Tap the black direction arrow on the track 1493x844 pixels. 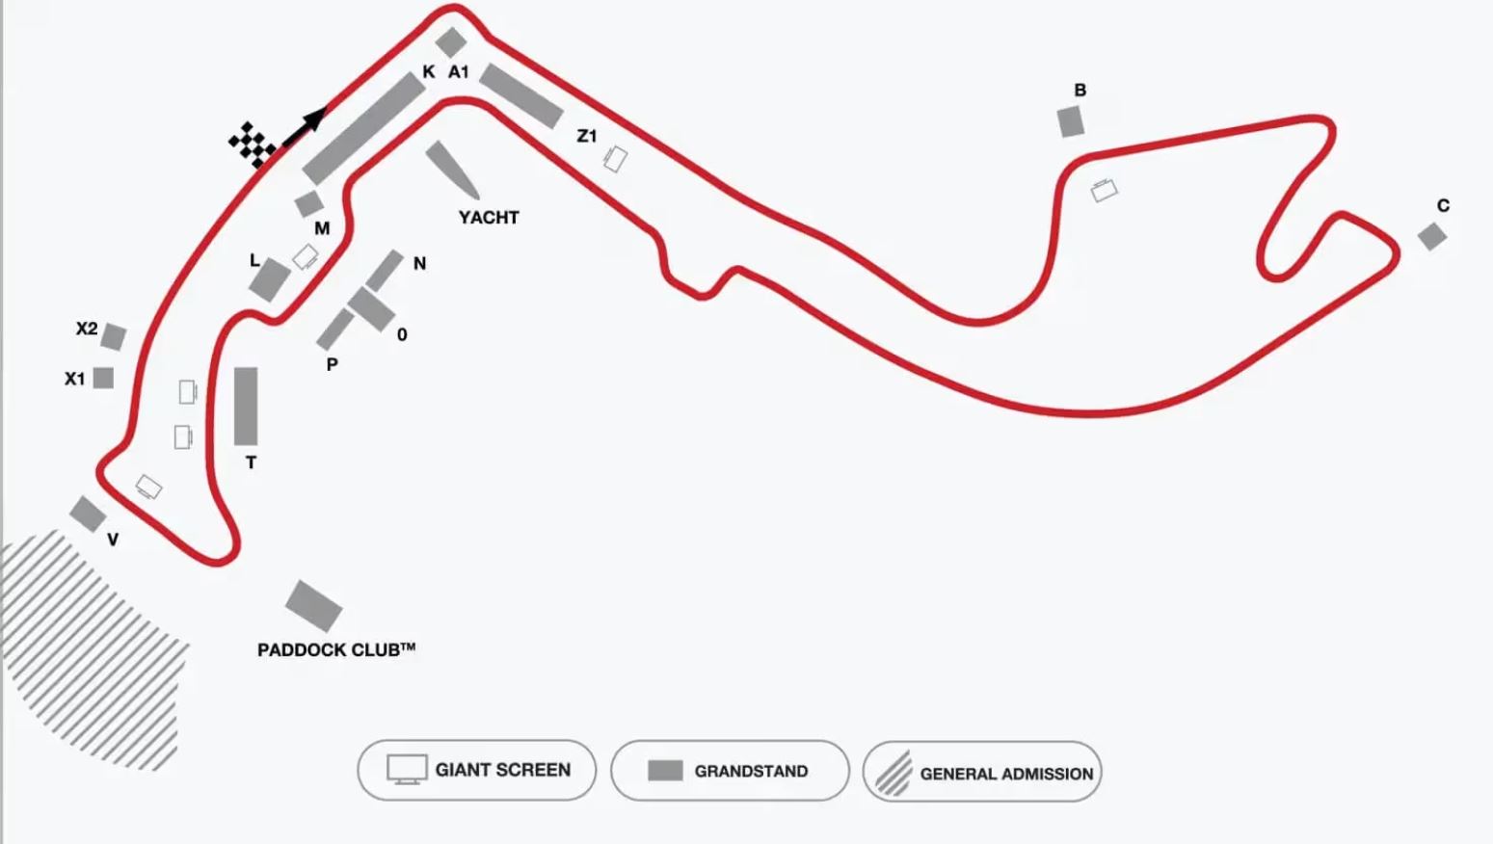(307, 126)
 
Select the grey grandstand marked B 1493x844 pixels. (1070, 122)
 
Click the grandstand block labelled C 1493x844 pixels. (1431, 236)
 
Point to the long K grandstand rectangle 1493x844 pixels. (364, 129)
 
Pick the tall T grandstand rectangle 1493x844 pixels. (246, 406)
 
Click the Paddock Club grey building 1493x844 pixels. (313, 606)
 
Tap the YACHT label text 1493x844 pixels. (489, 218)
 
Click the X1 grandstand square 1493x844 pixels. (103, 378)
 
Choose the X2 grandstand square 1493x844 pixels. (114, 337)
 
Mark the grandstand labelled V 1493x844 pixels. (88, 514)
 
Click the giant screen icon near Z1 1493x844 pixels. (615, 159)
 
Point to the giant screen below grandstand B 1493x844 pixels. (1104, 190)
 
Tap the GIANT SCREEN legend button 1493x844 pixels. (477, 770)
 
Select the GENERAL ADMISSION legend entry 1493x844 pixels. (982, 772)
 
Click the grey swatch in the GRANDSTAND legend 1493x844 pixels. (665, 771)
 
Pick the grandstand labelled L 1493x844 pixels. (270, 280)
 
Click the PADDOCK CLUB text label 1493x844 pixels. (335, 650)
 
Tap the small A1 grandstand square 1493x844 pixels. (450, 42)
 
